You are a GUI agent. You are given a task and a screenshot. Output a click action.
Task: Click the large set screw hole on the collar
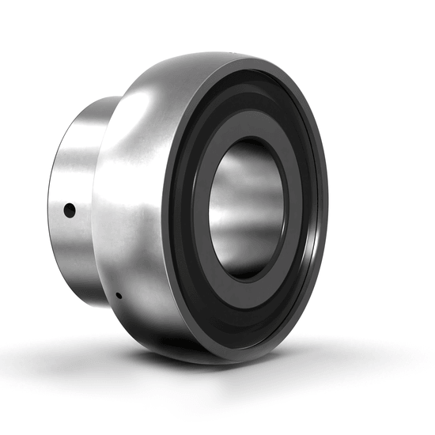tap(70, 210)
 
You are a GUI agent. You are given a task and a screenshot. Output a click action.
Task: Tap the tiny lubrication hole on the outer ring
tap(117, 296)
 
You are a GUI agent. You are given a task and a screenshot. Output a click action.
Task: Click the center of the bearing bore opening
tap(247, 210)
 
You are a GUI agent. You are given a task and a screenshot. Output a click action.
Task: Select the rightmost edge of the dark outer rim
tap(327, 206)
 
